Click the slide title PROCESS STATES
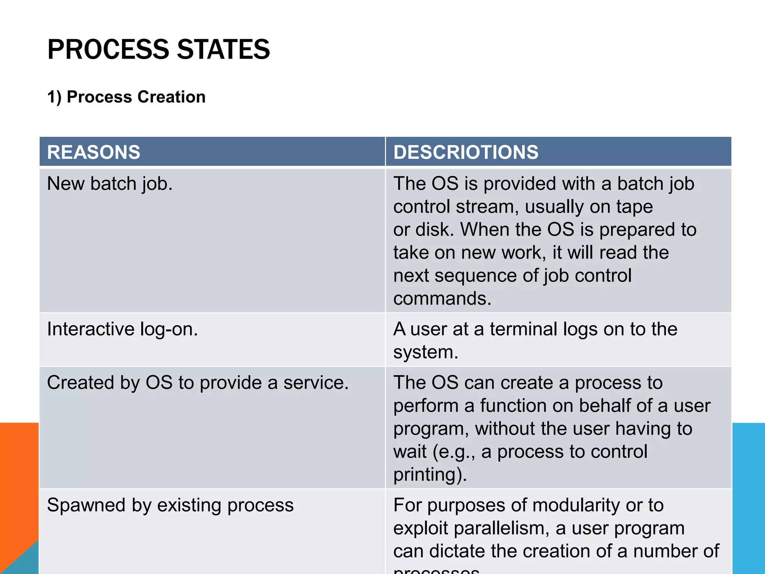pos(158,49)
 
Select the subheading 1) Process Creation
pos(126,97)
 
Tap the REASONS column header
pos(93,152)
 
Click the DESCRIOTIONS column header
pos(465,152)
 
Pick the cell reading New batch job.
pos(110,184)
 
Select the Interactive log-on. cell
pos(123,329)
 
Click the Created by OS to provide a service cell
pos(198,383)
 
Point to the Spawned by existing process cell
pos(170,505)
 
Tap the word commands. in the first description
pos(442,298)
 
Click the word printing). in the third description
pos(430,475)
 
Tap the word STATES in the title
pos(223,49)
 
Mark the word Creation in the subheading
pos(171,97)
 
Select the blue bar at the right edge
pos(748,497)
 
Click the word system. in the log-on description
pos(425,352)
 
